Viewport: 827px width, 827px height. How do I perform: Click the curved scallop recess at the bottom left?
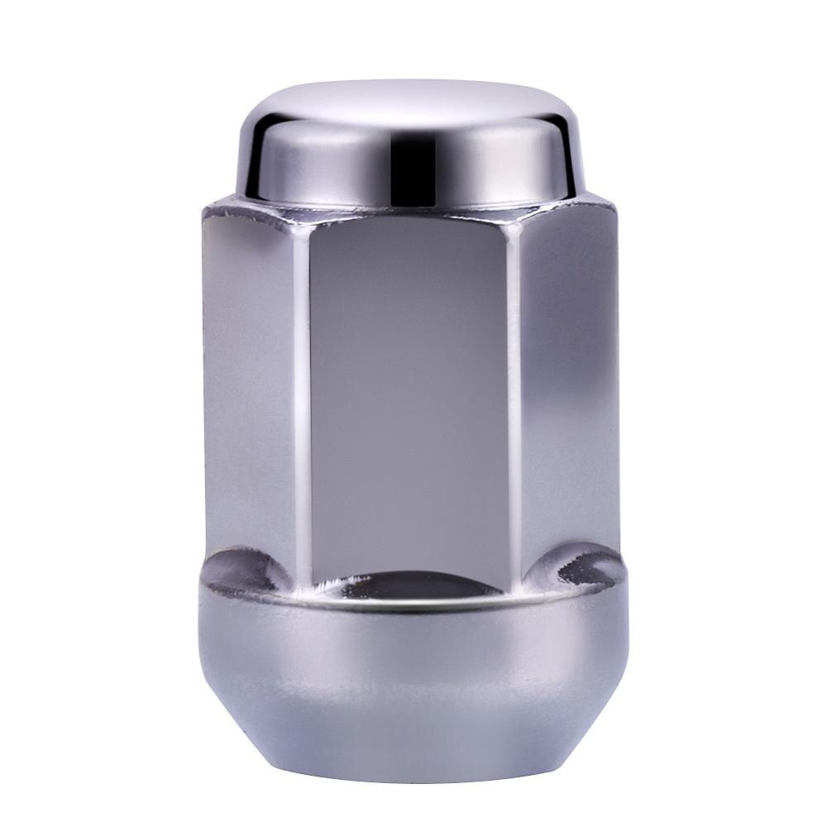(x=245, y=571)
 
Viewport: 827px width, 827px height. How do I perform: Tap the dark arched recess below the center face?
(x=411, y=586)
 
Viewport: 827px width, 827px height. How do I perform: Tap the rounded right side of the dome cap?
(x=566, y=157)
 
